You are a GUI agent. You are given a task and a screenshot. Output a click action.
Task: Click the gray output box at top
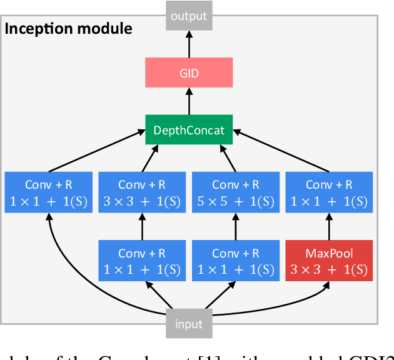[x=189, y=15]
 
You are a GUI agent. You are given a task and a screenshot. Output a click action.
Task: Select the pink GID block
[x=189, y=73]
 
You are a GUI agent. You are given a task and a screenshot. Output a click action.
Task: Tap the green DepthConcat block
[x=189, y=129]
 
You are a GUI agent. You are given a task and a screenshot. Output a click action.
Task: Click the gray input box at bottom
[x=189, y=324]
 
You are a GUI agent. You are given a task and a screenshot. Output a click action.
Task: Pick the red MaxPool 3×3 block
[x=329, y=261]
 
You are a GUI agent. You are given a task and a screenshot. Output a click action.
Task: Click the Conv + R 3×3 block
[x=141, y=192]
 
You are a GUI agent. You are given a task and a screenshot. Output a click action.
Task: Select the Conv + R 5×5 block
[x=235, y=192]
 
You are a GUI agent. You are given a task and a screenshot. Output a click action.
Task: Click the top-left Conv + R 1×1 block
[x=48, y=192]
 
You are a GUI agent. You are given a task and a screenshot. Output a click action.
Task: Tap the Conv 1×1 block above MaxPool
[x=329, y=192]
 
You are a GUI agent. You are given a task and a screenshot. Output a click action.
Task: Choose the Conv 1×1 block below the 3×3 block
[x=141, y=261]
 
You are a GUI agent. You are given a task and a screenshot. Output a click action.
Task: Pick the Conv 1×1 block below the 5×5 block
[x=235, y=261]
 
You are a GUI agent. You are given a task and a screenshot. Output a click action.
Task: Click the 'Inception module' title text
[x=69, y=28]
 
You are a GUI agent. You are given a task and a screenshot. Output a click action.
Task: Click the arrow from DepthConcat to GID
[x=189, y=101]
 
